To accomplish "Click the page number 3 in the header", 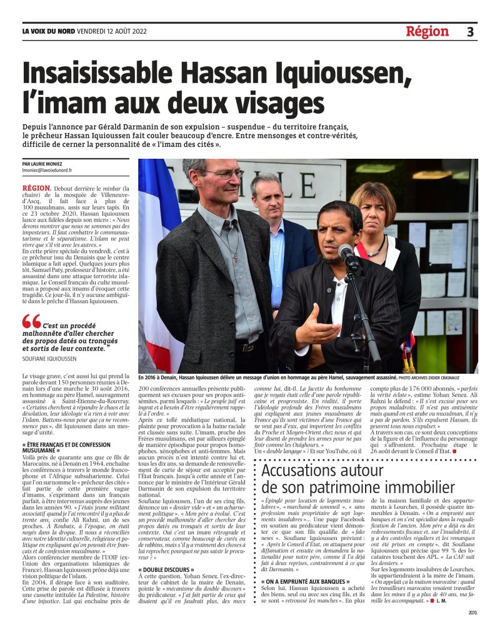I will click(x=470, y=31).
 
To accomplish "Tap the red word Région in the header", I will click(x=427, y=31).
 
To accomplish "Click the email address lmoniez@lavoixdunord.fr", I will click(x=47, y=169).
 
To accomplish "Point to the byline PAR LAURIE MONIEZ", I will click(x=47, y=163).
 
